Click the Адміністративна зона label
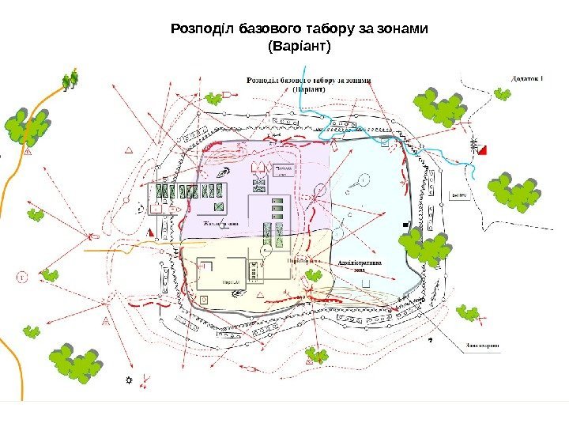(x=360, y=265)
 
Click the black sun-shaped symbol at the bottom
(x=129, y=380)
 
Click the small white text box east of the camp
(x=458, y=195)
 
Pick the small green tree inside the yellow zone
(x=314, y=275)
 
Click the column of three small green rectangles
(x=277, y=208)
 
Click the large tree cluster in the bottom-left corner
(x=77, y=363)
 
